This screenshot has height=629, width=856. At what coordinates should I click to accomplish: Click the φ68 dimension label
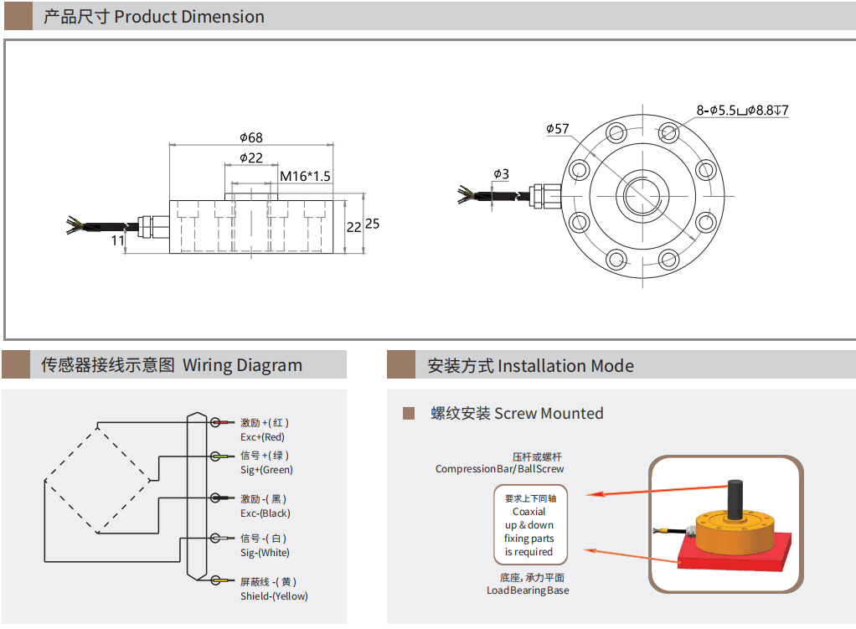pos(251,137)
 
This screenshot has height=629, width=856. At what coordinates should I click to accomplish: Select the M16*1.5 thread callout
pos(305,177)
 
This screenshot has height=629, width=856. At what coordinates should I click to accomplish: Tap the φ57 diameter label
pos(557,129)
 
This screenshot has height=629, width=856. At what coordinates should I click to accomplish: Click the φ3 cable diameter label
pos(501,174)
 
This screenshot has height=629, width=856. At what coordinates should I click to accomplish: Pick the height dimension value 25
pos(373,224)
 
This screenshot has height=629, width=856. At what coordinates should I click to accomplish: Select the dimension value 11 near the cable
pos(118,240)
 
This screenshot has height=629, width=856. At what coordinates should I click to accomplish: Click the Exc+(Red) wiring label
pos(262,437)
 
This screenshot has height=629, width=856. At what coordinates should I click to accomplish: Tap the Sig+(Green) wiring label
pos(266,470)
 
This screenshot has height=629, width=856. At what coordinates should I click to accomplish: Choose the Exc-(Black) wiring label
pos(266,513)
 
